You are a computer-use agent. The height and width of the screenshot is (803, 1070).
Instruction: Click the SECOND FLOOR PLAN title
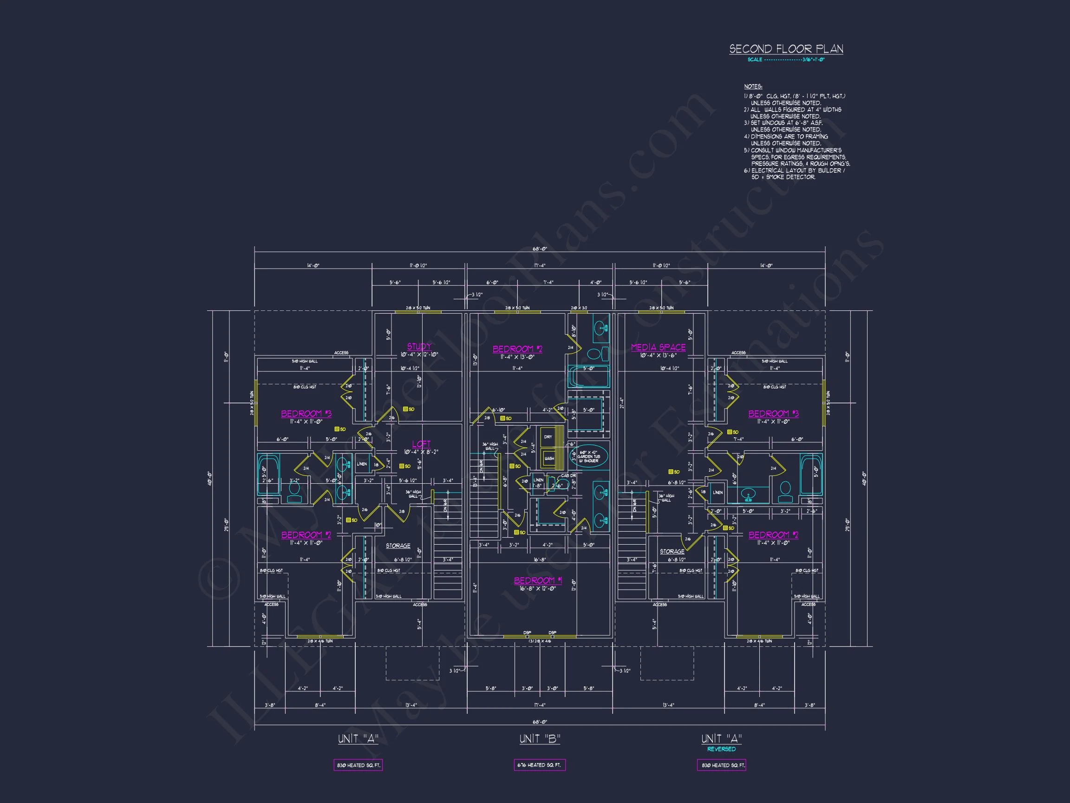(786, 49)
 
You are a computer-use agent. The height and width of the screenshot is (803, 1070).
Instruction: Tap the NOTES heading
(753, 86)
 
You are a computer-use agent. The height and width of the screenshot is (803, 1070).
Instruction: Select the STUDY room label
(419, 346)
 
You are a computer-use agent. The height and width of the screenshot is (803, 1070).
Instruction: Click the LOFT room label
(421, 444)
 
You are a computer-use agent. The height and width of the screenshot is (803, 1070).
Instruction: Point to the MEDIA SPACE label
(658, 347)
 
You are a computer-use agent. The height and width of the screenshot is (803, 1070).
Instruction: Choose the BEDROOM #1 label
(538, 580)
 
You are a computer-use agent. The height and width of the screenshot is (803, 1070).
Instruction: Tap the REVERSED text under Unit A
(721, 749)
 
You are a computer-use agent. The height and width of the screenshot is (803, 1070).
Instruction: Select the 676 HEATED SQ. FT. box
(539, 765)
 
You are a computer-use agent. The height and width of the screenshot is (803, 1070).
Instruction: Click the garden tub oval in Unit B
(588, 456)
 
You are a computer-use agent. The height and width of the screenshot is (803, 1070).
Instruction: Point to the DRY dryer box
(548, 437)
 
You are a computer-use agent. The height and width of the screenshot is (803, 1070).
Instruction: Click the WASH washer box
(548, 458)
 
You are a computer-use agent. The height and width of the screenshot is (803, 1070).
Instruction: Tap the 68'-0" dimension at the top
(539, 249)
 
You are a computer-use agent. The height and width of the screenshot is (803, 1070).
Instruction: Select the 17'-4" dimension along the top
(539, 265)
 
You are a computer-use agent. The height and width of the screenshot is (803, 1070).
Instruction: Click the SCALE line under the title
(786, 59)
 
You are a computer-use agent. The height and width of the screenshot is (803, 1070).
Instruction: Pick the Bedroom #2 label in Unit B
(517, 349)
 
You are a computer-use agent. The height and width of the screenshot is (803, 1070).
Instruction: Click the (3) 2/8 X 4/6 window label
(539, 641)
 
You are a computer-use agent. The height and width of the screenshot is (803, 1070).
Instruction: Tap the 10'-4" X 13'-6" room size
(658, 355)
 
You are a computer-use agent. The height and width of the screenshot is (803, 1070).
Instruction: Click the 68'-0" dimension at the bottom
(539, 722)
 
